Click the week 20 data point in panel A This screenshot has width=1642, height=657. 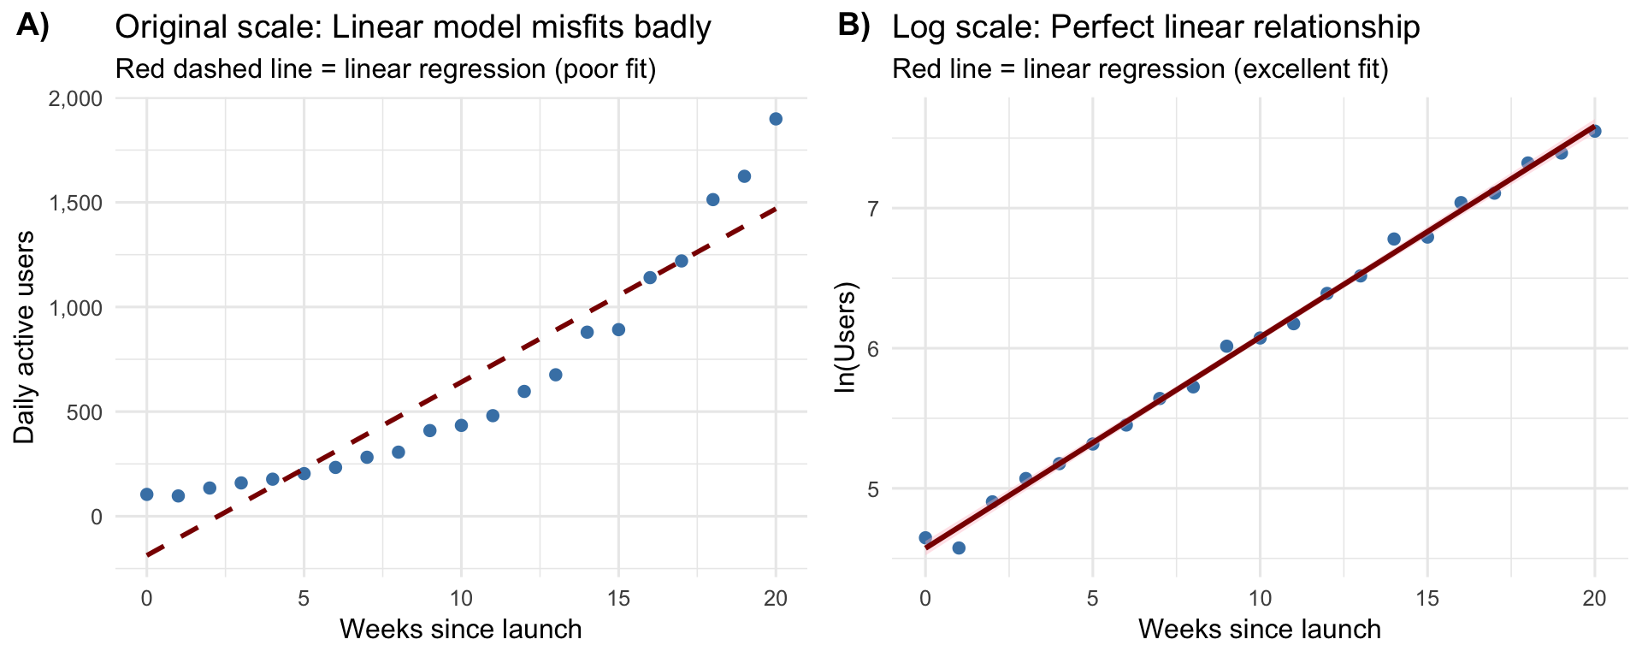coord(776,119)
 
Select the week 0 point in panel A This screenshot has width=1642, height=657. coord(146,494)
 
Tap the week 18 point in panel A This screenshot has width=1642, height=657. coord(713,199)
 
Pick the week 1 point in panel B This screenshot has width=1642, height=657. coord(959,547)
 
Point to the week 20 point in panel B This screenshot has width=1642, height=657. coord(1594,131)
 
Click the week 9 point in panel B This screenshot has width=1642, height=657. coord(1226,346)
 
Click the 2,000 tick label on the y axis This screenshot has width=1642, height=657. coord(73,98)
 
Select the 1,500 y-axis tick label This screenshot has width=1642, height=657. coord(73,203)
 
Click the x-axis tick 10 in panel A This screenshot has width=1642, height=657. coord(461,599)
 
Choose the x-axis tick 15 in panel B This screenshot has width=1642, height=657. coord(1427,599)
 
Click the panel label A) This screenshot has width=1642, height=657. coord(32,26)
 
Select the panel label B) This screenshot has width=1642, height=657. coord(853,26)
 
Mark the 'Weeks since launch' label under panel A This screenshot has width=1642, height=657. coord(461,630)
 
